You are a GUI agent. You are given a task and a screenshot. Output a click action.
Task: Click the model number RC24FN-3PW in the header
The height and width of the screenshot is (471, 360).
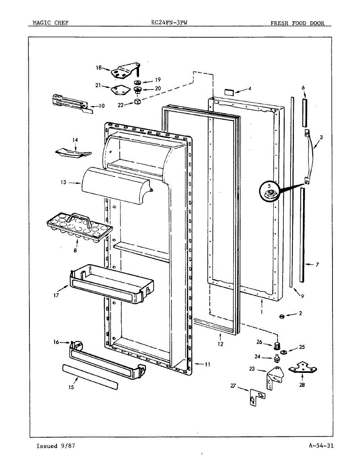tap(169, 23)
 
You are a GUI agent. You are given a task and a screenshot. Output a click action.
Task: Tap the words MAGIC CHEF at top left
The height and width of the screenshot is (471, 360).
tap(48, 23)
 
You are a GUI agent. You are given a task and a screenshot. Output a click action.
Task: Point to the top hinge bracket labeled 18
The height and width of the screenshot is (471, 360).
tap(125, 71)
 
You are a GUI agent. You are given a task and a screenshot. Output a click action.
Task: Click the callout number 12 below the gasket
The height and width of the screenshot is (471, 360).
tap(221, 344)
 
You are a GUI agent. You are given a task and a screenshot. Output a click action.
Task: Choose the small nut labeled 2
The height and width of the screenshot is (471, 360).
tap(281, 316)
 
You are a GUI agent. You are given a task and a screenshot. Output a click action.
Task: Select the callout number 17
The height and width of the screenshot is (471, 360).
tap(56, 295)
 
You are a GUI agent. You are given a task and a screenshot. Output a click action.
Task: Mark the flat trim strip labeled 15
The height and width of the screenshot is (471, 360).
tap(90, 376)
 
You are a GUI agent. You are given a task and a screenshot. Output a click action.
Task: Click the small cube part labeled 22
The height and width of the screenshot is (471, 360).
tap(138, 102)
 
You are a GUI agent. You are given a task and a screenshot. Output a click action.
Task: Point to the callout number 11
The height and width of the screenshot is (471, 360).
tap(207, 364)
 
